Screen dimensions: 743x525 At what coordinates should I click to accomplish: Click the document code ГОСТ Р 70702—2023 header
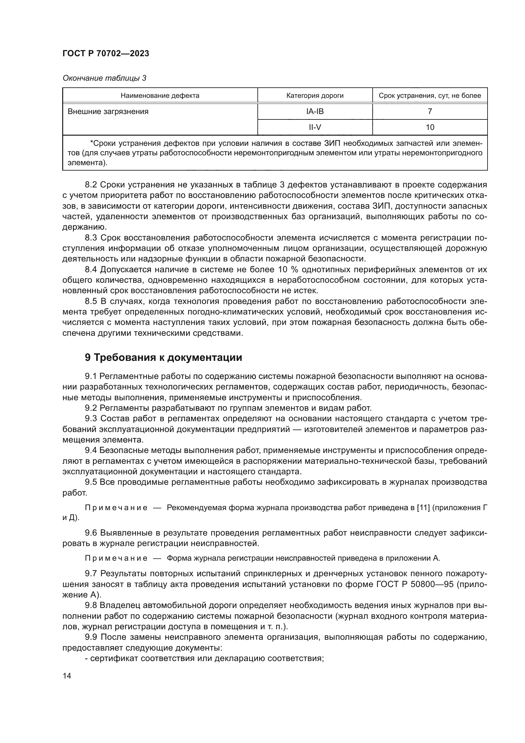point(106,53)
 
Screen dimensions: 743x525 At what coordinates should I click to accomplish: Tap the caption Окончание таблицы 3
point(104,78)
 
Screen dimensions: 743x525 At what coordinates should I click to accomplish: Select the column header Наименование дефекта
point(160,96)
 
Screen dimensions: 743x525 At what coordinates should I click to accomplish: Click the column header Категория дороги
point(315,96)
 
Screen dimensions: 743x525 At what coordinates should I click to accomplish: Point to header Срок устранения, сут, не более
point(430,96)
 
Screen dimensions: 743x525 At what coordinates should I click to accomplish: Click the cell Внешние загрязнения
point(108,111)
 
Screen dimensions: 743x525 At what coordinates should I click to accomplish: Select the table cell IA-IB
point(315,111)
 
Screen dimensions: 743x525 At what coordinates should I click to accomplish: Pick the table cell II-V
point(315,127)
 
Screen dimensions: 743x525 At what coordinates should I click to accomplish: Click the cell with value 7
point(430,111)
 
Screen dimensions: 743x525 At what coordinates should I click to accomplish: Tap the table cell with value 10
point(430,127)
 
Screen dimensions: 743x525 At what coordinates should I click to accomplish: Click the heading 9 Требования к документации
point(163,358)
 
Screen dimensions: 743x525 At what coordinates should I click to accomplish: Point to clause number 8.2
point(91,185)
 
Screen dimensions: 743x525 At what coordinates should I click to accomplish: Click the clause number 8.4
point(91,270)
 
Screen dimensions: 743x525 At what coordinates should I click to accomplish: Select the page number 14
point(67,676)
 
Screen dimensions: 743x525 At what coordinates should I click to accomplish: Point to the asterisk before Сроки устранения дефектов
point(91,143)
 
